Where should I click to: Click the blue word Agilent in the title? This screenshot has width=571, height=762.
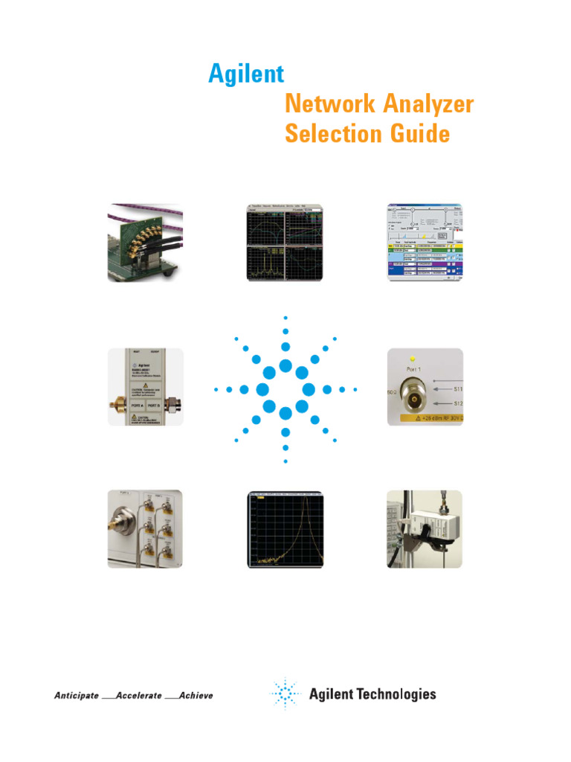(x=246, y=74)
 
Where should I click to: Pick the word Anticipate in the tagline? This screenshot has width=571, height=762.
(x=76, y=695)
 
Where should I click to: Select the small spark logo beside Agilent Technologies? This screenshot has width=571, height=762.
(x=283, y=694)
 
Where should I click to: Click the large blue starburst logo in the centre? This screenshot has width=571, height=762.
(x=285, y=389)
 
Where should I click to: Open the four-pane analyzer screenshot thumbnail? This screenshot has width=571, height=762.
(x=285, y=242)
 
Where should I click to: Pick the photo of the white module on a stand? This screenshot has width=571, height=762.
(x=424, y=528)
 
